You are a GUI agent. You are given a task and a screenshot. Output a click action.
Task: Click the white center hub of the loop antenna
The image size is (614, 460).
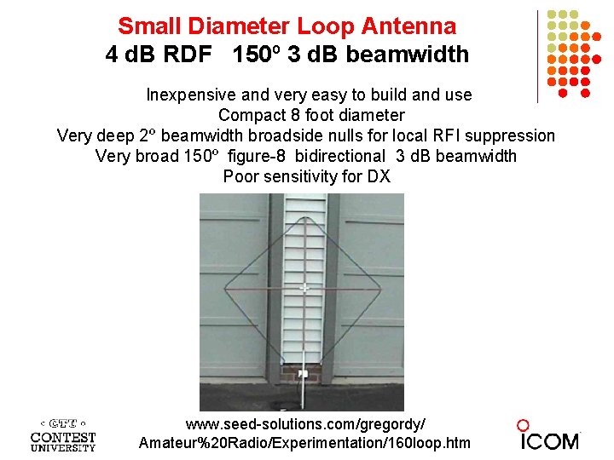click(304, 287)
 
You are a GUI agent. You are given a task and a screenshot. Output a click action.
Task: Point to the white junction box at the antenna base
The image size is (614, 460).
click(303, 372)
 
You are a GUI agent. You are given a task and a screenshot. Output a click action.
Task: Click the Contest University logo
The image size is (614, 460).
click(63, 434)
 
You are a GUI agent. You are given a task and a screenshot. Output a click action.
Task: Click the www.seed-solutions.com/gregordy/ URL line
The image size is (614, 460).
click(304, 423)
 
